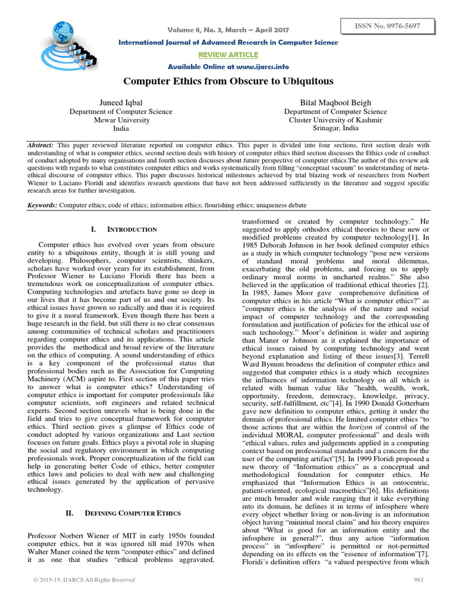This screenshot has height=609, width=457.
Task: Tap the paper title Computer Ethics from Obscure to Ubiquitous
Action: (228, 80)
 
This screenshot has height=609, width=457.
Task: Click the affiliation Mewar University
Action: (121, 120)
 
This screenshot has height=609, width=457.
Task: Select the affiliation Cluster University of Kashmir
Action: (335, 120)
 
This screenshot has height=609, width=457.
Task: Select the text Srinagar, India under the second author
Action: (335, 128)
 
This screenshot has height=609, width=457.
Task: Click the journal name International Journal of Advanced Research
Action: (228, 42)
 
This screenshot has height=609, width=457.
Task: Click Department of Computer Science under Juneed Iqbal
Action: (121, 111)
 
